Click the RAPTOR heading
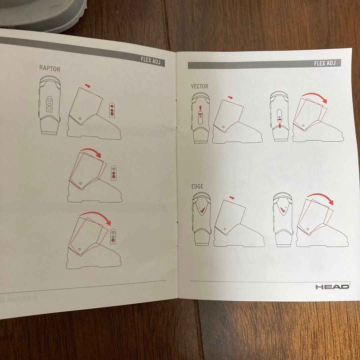pos(50,68)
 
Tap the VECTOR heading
pos(200,86)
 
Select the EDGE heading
pos(197,186)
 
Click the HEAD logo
pos(332,287)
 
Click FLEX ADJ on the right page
pos(325,63)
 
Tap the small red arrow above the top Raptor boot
pos(88,86)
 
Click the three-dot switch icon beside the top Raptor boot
pos(112,110)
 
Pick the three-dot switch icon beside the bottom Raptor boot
pos(113,236)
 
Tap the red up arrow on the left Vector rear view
pos(200,108)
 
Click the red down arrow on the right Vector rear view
pos(280,126)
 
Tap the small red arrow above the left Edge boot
pos(232,198)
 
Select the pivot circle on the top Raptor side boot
pos(80,119)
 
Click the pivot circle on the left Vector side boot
pos(223,127)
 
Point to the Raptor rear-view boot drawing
pos(50,105)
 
